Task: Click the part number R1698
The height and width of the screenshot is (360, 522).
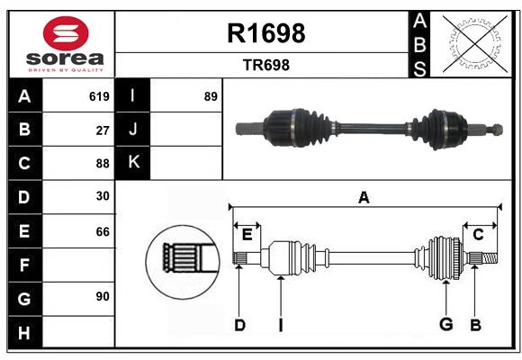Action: (x=266, y=33)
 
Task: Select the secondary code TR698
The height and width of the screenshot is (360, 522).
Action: (x=266, y=65)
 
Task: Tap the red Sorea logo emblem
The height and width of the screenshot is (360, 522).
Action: (x=66, y=33)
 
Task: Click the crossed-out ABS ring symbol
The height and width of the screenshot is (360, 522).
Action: (x=475, y=44)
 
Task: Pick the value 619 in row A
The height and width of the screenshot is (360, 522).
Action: (x=99, y=96)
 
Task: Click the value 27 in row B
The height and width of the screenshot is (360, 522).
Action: (x=103, y=130)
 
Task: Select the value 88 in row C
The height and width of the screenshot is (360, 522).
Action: (x=103, y=164)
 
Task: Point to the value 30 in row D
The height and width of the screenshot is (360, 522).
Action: (x=103, y=196)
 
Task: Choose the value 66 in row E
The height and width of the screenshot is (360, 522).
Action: (x=103, y=232)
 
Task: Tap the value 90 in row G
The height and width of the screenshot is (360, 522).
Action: (x=103, y=296)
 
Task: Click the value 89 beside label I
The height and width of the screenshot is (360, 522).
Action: (x=211, y=96)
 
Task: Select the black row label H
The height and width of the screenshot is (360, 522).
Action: (x=25, y=332)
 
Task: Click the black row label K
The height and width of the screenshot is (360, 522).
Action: (x=133, y=163)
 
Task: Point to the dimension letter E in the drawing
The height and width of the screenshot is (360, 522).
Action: (x=247, y=235)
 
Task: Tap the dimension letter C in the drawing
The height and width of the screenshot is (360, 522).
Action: (x=478, y=235)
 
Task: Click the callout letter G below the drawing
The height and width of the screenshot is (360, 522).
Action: (x=445, y=324)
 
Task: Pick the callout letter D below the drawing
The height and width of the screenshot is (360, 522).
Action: (x=239, y=326)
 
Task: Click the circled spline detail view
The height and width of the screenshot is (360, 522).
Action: (x=183, y=262)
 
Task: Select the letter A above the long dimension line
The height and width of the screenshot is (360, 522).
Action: (x=364, y=198)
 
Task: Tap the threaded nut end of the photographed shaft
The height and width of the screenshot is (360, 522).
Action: (x=497, y=130)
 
